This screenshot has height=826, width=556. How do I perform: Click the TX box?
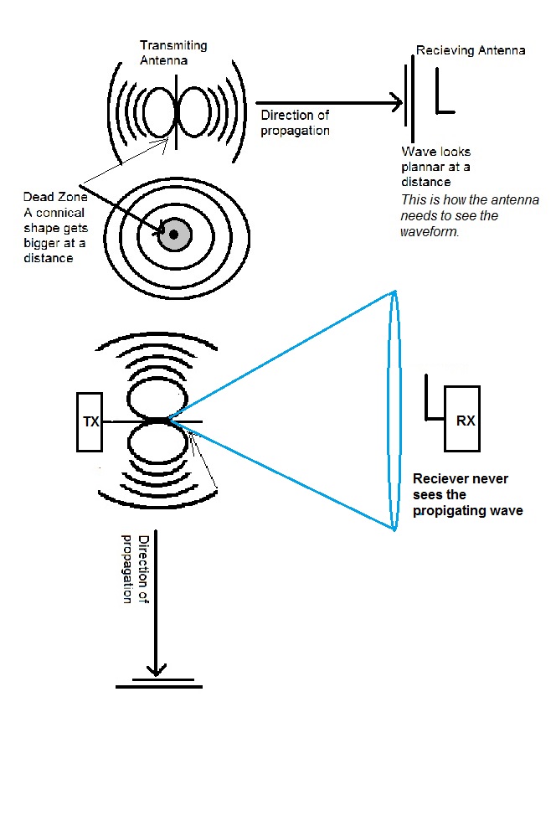[90, 421]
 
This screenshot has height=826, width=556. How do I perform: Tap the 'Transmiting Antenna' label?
[173, 52]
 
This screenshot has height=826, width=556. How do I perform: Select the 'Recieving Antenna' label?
[471, 51]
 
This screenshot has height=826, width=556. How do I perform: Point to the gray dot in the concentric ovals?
[173, 235]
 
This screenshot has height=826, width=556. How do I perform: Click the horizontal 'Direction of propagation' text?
[295, 122]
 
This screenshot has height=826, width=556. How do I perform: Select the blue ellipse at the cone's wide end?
[393, 410]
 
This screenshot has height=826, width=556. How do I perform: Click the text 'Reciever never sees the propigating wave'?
[467, 494]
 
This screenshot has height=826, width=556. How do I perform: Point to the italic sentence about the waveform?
[469, 215]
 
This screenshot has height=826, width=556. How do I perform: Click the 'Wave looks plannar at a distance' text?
[436, 167]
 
